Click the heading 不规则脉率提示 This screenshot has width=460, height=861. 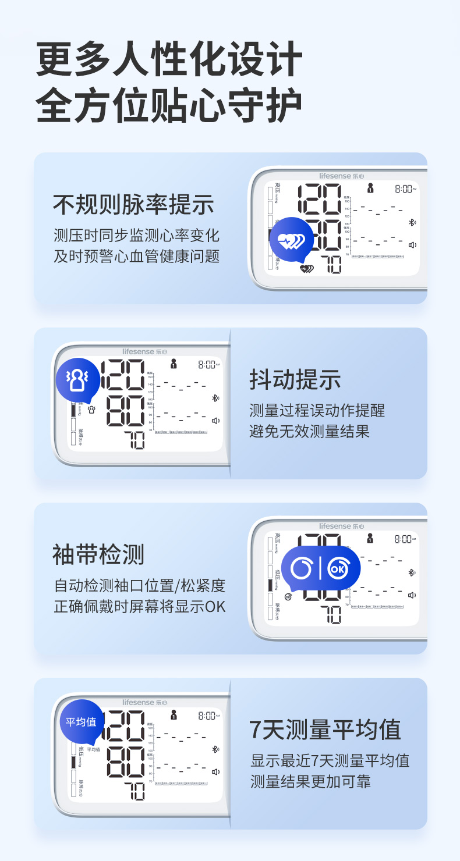click(x=133, y=205)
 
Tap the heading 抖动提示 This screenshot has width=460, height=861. click(x=295, y=380)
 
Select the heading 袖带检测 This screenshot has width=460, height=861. click(x=98, y=554)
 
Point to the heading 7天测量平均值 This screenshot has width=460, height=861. click(x=325, y=729)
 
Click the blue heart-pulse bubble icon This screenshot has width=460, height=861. click(x=291, y=239)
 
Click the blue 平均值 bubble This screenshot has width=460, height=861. click(x=81, y=722)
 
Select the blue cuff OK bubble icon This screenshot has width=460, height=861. click(x=320, y=568)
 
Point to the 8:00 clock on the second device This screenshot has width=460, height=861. click(x=208, y=365)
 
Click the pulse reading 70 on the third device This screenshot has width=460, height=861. click(x=330, y=615)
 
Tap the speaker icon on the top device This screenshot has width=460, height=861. click(x=412, y=245)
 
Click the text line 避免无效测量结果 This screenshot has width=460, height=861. click(x=309, y=432)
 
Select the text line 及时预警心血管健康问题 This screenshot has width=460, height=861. click(x=136, y=256)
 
